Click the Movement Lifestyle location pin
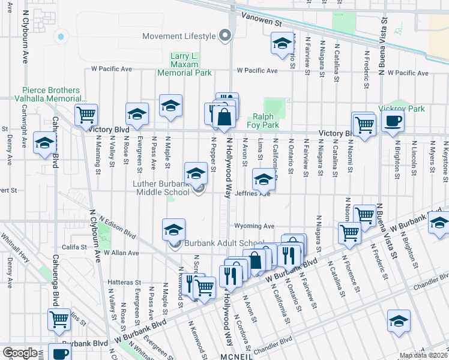coord(225,36)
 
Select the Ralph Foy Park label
coord(265,121)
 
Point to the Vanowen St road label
coord(261,21)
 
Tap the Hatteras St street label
coord(125,281)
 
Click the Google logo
coord(20,352)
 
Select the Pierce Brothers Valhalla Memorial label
coord(55,94)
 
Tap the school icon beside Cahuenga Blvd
coord(45,143)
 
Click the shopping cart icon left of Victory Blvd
coord(86,114)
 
